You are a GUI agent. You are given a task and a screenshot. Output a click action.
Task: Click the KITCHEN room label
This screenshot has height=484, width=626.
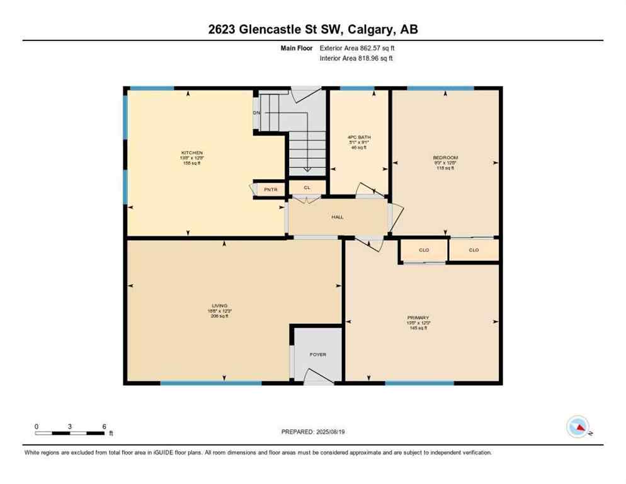pos(191,153)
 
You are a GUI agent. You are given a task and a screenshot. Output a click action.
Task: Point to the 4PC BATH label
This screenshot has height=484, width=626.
pos(358,137)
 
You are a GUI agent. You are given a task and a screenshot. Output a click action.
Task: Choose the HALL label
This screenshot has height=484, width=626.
pos(338,217)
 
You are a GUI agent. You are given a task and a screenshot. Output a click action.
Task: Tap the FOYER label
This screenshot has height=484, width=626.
pos(318,355)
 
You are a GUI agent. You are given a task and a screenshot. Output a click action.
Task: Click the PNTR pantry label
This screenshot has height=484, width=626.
pos(270,189)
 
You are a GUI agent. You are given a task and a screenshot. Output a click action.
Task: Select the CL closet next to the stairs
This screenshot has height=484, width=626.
pos(307,187)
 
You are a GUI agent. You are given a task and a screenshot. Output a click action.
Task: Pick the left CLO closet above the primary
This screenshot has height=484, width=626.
pos(424,250)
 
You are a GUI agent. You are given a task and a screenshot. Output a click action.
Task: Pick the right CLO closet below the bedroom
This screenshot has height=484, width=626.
pos(474,250)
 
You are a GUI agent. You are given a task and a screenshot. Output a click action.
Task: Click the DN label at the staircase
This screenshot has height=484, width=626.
pos(257,113)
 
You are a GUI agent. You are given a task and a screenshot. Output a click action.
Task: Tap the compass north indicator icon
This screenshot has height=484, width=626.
pos(578,427)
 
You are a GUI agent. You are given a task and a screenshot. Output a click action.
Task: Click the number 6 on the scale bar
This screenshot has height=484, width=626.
pos(104,426)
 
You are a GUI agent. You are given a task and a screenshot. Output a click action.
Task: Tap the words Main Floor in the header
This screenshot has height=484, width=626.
pos(297,48)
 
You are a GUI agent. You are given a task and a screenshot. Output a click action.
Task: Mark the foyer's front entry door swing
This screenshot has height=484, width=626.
pos(317,377)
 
